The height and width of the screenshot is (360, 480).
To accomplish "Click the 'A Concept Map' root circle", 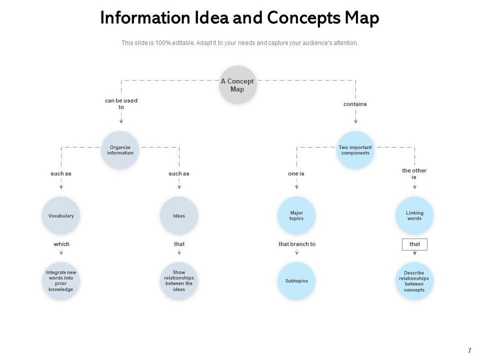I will tap(237, 85).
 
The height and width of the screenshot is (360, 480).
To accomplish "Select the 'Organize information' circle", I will tap(120, 150).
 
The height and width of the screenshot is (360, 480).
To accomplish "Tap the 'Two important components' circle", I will tap(355, 150).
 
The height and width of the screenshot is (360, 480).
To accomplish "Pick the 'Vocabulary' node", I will tap(61, 216).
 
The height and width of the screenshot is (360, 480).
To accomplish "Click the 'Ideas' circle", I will tap(179, 216).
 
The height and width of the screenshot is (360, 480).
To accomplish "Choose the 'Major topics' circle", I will tap(296, 216).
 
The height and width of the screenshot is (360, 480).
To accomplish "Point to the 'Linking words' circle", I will tap(414, 216).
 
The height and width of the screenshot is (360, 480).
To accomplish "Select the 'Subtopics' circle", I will tap(296, 281).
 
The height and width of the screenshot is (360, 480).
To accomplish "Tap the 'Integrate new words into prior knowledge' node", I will tap(61, 281).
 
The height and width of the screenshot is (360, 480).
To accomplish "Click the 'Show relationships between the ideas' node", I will tap(179, 281).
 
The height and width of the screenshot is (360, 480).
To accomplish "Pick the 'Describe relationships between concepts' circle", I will tap(414, 281).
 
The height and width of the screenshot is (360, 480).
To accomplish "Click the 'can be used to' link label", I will tap(121, 103).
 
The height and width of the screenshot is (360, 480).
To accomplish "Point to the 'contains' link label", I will tap(355, 104).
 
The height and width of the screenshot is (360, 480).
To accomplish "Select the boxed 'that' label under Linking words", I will tap(415, 244).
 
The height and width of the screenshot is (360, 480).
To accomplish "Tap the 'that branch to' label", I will tap(297, 244).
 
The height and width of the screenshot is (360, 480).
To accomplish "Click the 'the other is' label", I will tap(414, 173).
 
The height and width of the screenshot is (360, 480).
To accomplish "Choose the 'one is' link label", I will tap(296, 173).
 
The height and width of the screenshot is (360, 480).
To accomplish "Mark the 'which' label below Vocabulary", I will tap(61, 244).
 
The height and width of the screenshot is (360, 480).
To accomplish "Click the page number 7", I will tap(469, 350).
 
